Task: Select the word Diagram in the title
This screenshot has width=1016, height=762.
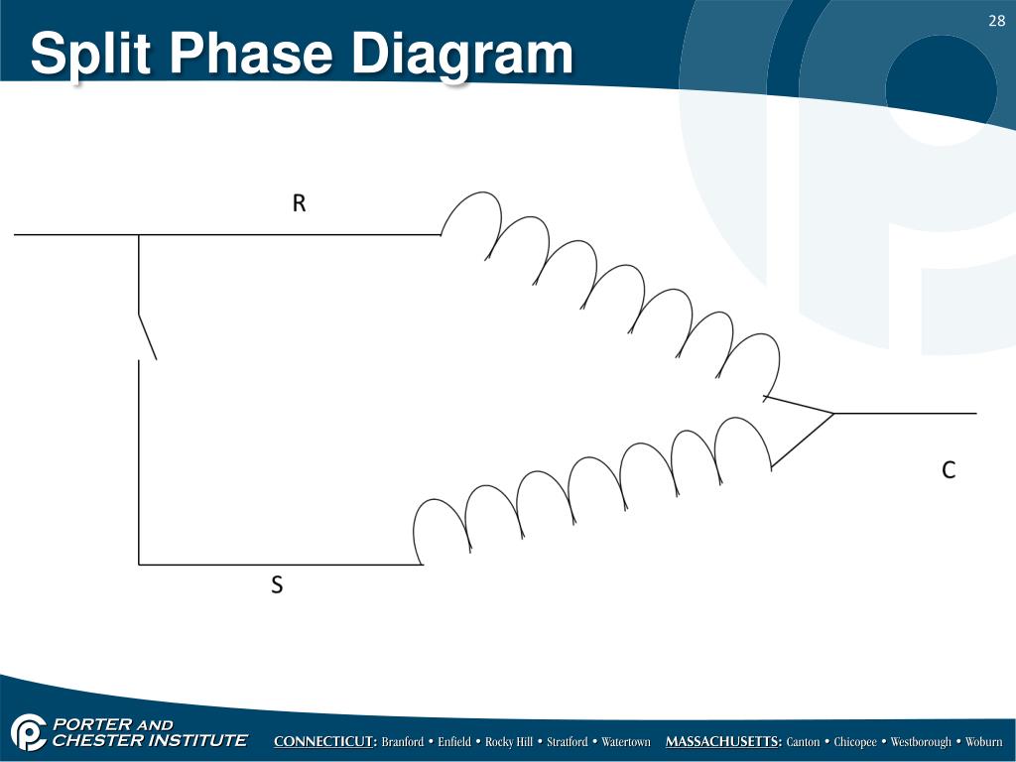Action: pyautogui.click(x=462, y=55)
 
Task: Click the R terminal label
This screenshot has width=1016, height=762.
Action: pyautogui.click(x=299, y=204)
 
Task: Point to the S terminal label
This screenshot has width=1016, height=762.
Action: pyautogui.click(x=277, y=586)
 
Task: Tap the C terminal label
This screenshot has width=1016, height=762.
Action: pyautogui.click(x=949, y=471)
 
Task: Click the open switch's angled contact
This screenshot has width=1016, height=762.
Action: pyautogui.click(x=147, y=336)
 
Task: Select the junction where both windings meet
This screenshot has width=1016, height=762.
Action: pyautogui.click(x=832, y=413)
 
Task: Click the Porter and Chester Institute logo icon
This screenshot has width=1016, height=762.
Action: pyautogui.click(x=29, y=732)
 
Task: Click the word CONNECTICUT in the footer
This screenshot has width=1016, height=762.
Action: pyautogui.click(x=324, y=742)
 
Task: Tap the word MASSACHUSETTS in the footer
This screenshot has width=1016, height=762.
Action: pyautogui.click(x=723, y=742)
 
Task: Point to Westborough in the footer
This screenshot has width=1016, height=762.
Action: pyautogui.click(x=920, y=742)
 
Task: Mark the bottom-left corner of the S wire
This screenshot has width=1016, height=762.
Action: pyautogui.click(x=139, y=565)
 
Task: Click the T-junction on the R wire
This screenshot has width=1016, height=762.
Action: pyautogui.click(x=139, y=235)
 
